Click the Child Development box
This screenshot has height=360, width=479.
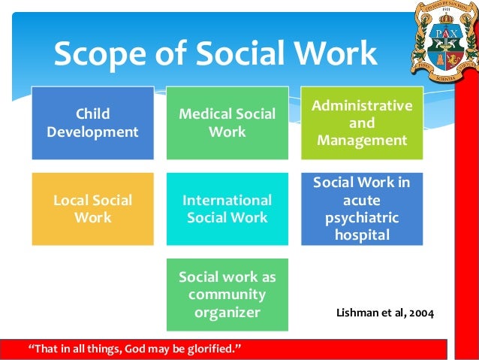pyautogui.click(x=92, y=123)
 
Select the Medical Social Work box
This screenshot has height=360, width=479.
pyautogui.click(x=227, y=123)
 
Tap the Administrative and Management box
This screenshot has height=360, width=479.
pyautogui.click(x=362, y=123)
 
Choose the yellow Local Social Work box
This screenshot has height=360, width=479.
pyautogui.click(x=92, y=209)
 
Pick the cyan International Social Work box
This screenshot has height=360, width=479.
pyautogui.click(x=227, y=209)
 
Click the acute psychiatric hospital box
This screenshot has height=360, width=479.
pyautogui.click(x=362, y=209)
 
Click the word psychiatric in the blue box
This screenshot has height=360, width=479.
pyautogui.click(x=362, y=217)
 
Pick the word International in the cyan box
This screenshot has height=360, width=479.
pyautogui.click(x=227, y=201)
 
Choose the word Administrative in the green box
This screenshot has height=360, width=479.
pyautogui.click(x=362, y=105)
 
